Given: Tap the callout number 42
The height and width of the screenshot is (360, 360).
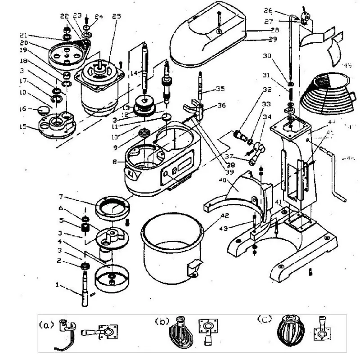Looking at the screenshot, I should point(211,216).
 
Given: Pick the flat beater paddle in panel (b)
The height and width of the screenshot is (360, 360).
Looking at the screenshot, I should point(179,335).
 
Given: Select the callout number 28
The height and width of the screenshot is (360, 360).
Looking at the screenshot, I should point(275,30).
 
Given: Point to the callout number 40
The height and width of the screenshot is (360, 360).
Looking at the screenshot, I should point(222,180).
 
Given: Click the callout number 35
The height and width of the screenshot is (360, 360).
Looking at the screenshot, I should point(220,89).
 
